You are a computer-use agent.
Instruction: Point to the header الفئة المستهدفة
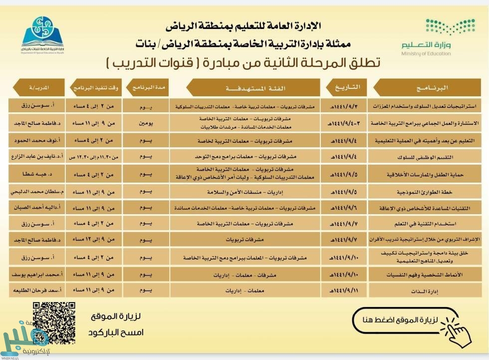pos(255,88)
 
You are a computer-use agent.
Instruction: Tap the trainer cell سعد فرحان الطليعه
pos(37,290)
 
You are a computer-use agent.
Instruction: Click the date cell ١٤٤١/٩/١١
pos(346,290)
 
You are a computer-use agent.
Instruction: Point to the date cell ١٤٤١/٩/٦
pos(346,207)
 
